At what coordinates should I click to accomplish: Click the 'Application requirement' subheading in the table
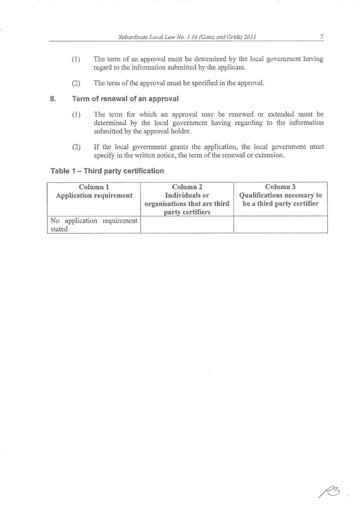(x=94, y=196)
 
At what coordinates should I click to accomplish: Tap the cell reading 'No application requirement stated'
(x=93, y=224)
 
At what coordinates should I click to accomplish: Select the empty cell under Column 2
(x=187, y=224)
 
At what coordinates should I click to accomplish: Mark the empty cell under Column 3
(x=280, y=224)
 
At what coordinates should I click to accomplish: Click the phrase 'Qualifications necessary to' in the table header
(x=280, y=196)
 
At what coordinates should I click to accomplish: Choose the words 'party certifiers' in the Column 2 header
(x=187, y=212)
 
